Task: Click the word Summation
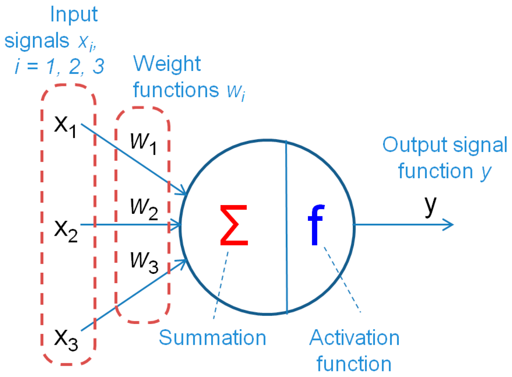click(212, 338)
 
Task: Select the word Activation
click(354, 338)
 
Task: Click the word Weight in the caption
click(167, 64)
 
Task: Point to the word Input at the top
click(74, 15)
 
